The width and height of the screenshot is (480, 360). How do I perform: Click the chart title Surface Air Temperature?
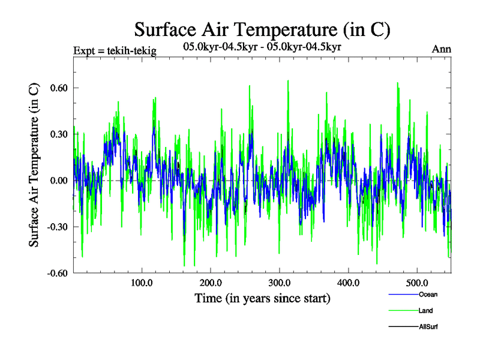click(262, 29)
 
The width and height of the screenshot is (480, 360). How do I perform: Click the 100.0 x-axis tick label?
click(141, 283)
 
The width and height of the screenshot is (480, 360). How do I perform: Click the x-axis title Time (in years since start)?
click(262, 298)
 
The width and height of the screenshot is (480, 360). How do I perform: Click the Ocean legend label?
click(428, 294)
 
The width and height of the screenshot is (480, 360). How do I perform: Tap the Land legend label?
click(426, 310)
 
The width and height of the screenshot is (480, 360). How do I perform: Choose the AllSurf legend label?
click(428, 326)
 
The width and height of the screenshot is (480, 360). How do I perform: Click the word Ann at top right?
click(442, 49)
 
